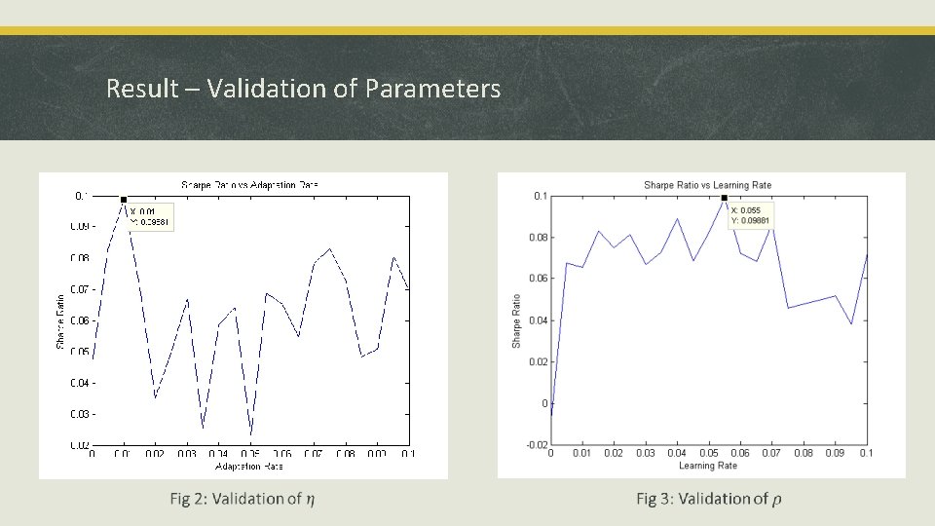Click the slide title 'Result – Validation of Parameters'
[x=303, y=89]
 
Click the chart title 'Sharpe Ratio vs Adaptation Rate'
[x=249, y=184]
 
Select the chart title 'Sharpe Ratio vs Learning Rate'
[x=707, y=184]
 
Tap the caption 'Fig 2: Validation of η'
[x=242, y=499]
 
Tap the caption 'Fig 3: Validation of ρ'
[x=708, y=499]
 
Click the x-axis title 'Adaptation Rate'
[x=249, y=467]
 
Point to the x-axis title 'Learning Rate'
[x=708, y=466]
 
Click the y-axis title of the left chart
[x=60, y=320]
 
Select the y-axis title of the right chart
[x=517, y=320]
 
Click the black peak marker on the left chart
[x=124, y=200]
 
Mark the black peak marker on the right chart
[x=725, y=199]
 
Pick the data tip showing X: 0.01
[x=150, y=216]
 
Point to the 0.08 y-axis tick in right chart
[x=538, y=238]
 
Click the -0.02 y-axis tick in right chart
[x=536, y=445]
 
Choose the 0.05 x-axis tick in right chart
[x=708, y=453]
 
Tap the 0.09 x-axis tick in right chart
[x=835, y=453]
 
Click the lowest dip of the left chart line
[x=250, y=434]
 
